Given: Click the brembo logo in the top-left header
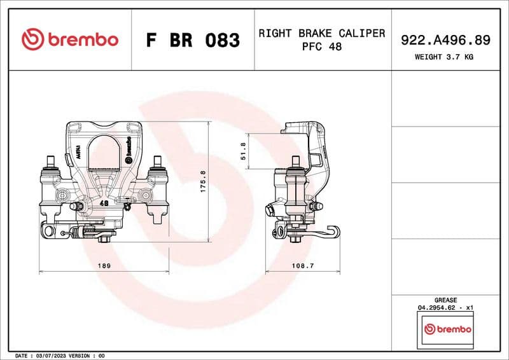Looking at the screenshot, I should click(x=69, y=39).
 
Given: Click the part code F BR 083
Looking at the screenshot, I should click(x=193, y=40).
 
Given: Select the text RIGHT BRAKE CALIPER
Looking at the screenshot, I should click(x=321, y=33).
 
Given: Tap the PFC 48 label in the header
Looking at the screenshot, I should click(x=321, y=47).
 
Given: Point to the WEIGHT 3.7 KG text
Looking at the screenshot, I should click(x=444, y=57).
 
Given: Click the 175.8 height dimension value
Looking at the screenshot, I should click(x=203, y=182).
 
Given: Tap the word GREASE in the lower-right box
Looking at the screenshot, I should click(x=445, y=300).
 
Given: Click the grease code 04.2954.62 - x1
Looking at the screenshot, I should click(x=445, y=307).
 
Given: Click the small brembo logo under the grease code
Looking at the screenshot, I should click(x=448, y=329).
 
